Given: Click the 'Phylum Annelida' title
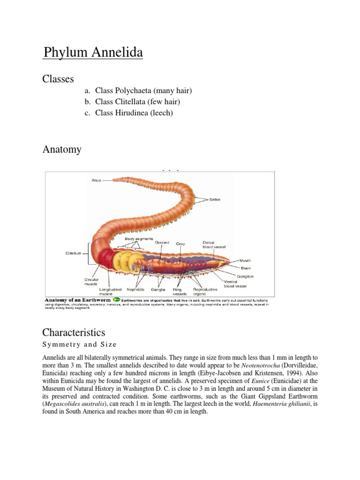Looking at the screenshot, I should coord(93,53).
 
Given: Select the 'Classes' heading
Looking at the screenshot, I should coord(58,79).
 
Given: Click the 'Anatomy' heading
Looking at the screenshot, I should coord(62,150).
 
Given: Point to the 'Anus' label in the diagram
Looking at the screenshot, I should coord(96,180).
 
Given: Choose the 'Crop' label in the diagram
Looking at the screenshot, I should coord(180,244).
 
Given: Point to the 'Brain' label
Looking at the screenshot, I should coord(245,268).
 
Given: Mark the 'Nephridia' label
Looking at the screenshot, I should coord(135,290).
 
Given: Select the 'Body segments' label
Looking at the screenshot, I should coord(139,239).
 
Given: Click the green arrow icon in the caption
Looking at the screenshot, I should coord(115,299).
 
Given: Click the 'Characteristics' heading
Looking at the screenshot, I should coord(74,332).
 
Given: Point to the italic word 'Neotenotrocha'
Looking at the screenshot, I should coord(258,365).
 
